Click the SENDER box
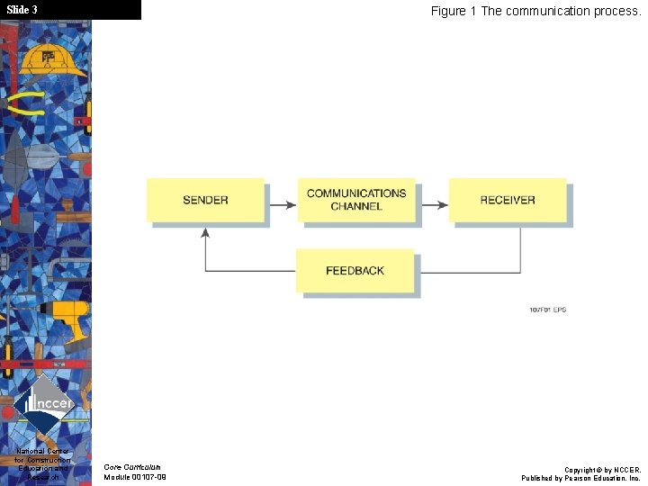tap(205, 200)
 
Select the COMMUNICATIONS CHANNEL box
tap(356, 200)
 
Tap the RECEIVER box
tap(508, 200)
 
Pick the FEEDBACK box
tap(355, 270)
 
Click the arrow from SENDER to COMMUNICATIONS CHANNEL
tap(282, 205)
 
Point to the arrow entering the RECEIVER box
tap(434, 205)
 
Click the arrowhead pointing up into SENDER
tap(205, 232)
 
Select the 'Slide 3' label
tap(22, 10)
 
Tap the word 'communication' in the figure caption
tap(546, 12)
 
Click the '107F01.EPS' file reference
tap(547, 310)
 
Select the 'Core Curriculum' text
tap(132, 467)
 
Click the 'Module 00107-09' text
tap(135, 477)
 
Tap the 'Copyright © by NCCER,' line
tap(602, 470)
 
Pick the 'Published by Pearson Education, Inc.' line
tap(581, 478)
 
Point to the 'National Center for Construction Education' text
tap(43, 459)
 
